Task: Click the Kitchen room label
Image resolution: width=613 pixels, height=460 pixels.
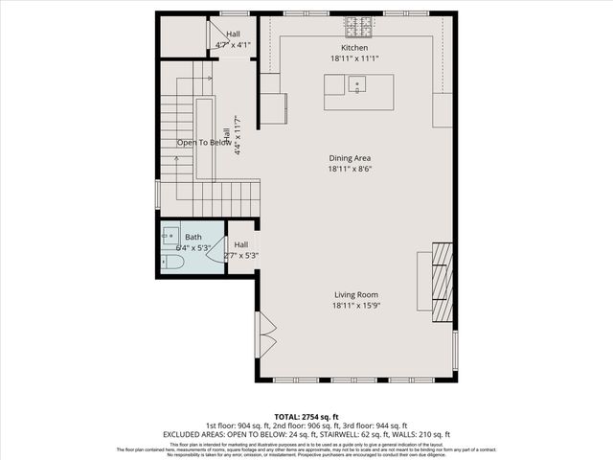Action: pos(354,48)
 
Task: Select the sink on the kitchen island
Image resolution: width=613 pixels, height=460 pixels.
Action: pos(357,86)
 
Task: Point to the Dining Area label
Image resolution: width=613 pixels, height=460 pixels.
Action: pos(350,158)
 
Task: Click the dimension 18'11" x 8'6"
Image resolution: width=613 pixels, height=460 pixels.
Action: pos(350,169)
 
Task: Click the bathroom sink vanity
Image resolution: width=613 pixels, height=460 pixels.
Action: pos(170,232)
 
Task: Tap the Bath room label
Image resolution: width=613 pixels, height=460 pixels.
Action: pos(193,237)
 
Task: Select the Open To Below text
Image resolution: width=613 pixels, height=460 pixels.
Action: pos(204,143)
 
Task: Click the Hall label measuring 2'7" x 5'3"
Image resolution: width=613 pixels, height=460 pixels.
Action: pos(241,244)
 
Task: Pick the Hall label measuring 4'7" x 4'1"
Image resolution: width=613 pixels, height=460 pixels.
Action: pos(233,34)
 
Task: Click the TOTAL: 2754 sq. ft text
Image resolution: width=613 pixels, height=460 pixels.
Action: pos(306,417)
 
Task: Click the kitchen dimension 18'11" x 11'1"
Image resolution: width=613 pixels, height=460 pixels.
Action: pos(354,58)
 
